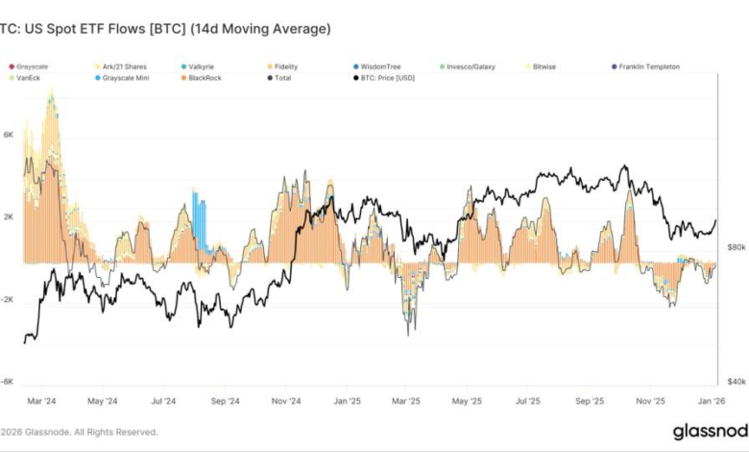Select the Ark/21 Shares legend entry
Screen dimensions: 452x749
coord(119,66)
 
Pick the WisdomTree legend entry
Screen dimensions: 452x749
coord(380,66)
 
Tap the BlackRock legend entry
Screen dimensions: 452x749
coord(205,77)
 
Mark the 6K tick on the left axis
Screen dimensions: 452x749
coord(9,136)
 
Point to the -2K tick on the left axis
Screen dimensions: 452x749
coord(8,299)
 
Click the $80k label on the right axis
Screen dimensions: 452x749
coord(736,247)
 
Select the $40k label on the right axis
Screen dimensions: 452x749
coord(736,382)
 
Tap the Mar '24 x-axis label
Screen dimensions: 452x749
coord(42,400)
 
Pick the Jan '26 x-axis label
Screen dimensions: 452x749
coord(712,400)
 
